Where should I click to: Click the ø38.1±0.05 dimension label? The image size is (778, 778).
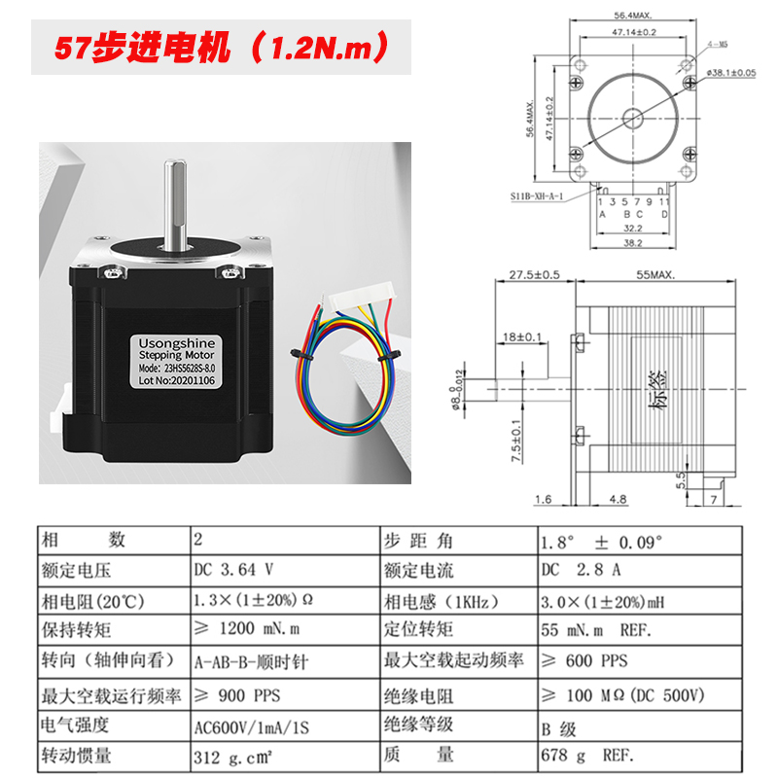pyautogui.click(x=730, y=73)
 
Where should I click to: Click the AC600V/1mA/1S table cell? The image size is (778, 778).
pyautogui.click(x=252, y=725)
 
